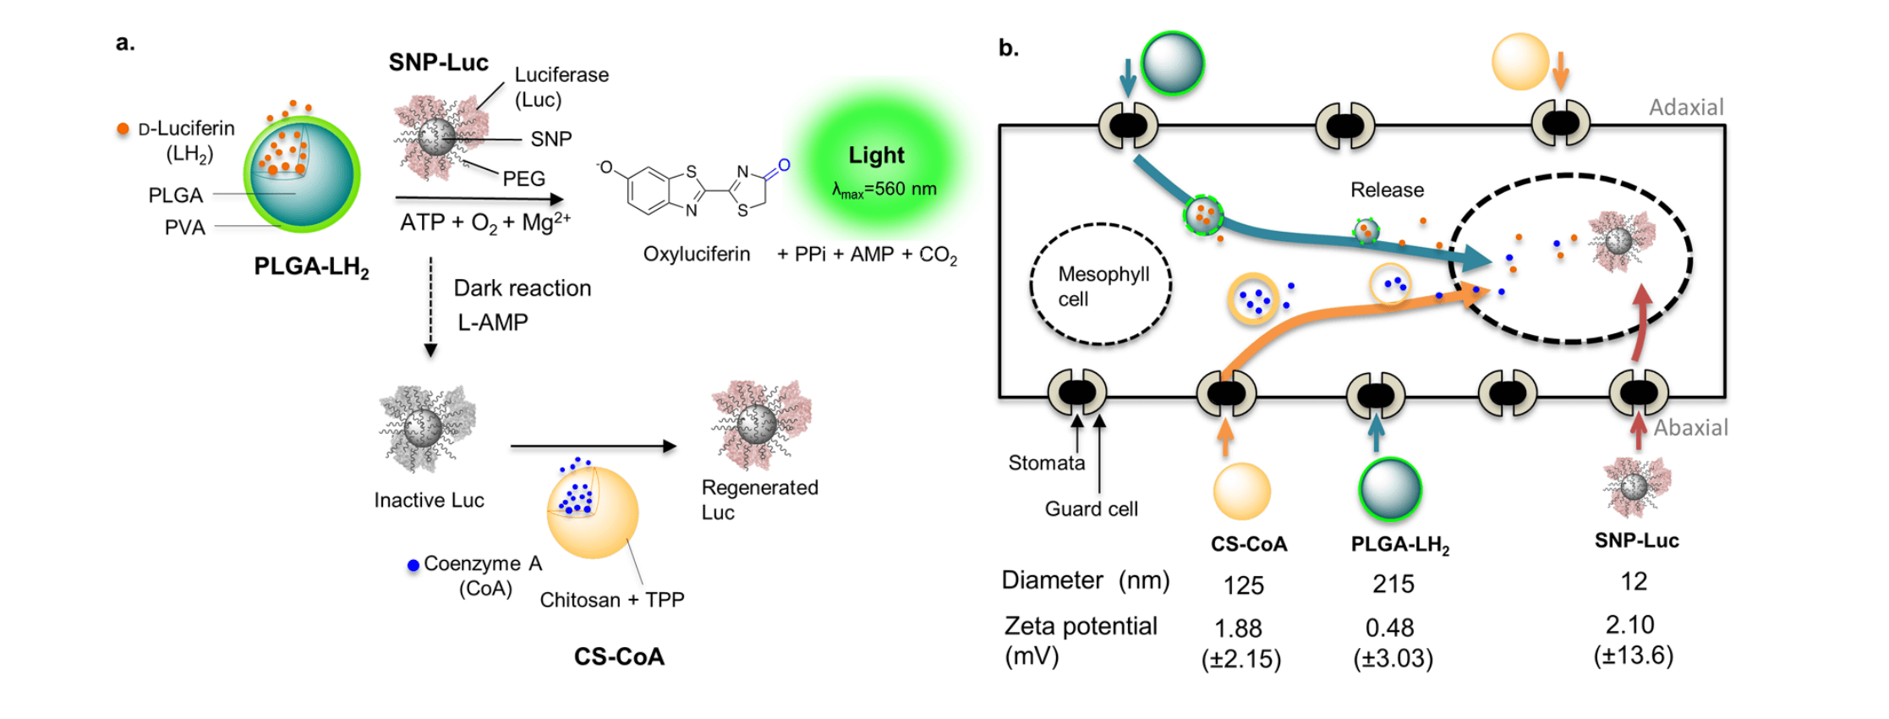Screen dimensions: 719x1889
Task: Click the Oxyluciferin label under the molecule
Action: coord(696,254)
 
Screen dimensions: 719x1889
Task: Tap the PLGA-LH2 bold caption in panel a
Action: coord(311,267)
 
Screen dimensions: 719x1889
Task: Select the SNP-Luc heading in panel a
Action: coord(438,63)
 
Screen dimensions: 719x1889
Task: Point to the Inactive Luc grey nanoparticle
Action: coord(426,428)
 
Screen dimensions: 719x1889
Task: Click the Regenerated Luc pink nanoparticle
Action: coord(759,423)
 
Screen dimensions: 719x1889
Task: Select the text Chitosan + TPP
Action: coord(611,600)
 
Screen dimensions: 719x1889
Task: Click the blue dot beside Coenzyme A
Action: coord(413,565)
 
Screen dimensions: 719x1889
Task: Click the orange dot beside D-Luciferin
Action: coord(123,129)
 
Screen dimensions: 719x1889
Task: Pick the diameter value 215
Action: coord(1393,584)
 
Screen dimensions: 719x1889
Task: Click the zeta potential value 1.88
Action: coord(1238,628)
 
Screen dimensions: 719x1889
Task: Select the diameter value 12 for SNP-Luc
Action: coord(1633,581)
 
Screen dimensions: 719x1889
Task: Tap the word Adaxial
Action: coord(1685,107)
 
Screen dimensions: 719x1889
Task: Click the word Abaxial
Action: coord(1690,428)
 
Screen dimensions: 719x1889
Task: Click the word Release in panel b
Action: coord(1387,189)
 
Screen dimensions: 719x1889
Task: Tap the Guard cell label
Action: coord(1091,509)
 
